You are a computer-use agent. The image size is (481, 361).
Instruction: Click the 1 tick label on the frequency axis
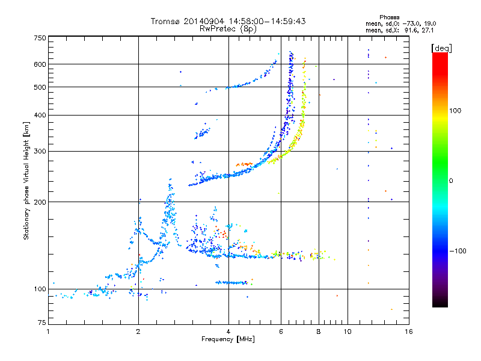point(49,332)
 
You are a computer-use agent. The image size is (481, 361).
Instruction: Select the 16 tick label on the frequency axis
point(409,332)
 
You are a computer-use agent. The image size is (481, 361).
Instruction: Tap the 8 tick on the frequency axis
point(319,332)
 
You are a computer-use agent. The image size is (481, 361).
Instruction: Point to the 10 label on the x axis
point(348,332)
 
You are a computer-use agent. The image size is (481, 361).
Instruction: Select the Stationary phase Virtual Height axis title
point(26,180)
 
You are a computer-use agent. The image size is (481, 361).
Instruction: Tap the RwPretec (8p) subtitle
point(228,28)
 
